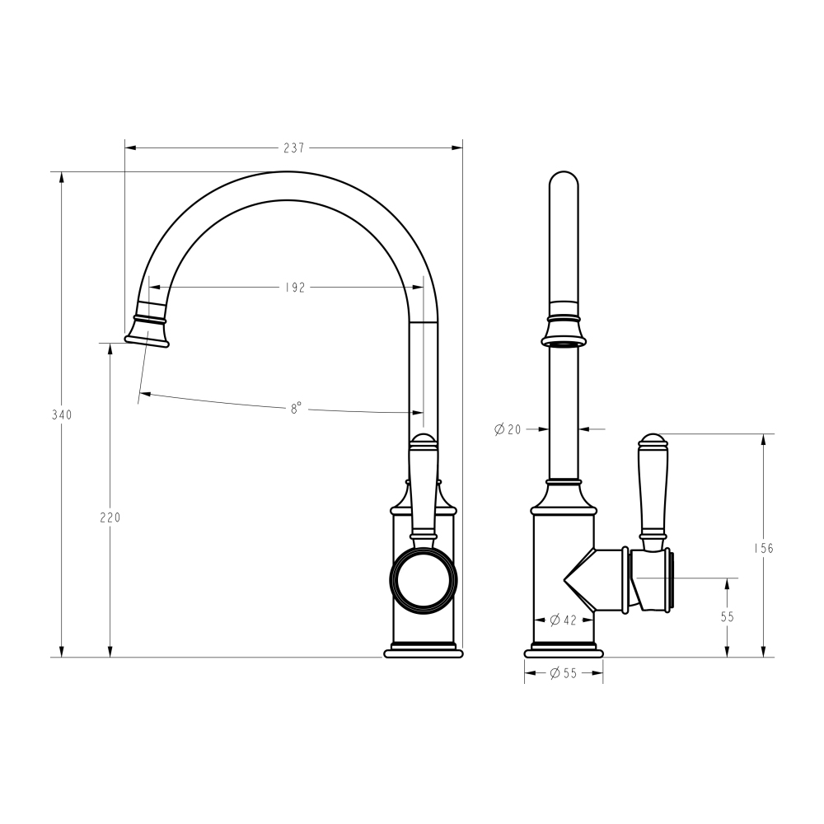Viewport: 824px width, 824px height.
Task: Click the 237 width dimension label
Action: [x=294, y=148]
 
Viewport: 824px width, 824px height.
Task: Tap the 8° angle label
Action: [x=297, y=409]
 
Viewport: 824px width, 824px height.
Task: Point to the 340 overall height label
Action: [x=62, y=414]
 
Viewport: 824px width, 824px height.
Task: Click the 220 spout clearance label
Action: [x=110, y=517]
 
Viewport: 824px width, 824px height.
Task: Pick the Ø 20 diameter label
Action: [x=508, y=429]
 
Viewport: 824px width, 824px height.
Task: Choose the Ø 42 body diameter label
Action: [x=563, y=620]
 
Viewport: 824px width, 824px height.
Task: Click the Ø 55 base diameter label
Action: [x=564, y=673]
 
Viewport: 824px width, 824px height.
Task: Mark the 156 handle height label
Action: [x=764, y=548]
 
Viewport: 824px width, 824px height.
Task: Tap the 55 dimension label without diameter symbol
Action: [x=728, y=617]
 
